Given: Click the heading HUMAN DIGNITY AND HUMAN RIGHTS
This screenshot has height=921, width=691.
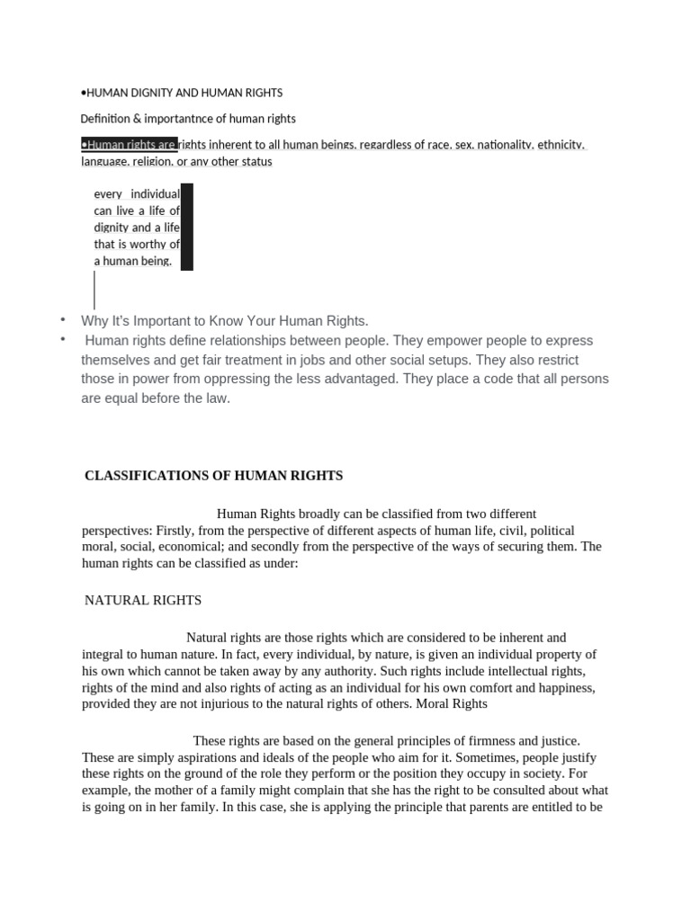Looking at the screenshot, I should coord(183,93).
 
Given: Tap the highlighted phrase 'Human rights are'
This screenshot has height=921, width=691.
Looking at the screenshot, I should coord(129,144).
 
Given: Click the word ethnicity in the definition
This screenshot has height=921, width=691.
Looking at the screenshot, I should coord(561,144).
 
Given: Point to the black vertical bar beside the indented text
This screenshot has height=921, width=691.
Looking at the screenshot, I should coord(187,227).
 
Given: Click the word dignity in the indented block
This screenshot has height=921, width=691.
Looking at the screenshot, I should coord(112,228).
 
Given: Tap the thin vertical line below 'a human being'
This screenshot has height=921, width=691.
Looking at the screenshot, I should coord(94,290).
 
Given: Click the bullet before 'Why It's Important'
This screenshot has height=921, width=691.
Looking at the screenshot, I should coord(63,320).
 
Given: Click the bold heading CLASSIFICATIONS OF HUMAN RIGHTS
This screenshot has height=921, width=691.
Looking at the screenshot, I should coord(213,476).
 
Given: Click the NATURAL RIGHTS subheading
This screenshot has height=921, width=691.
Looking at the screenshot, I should coord(143,600).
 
